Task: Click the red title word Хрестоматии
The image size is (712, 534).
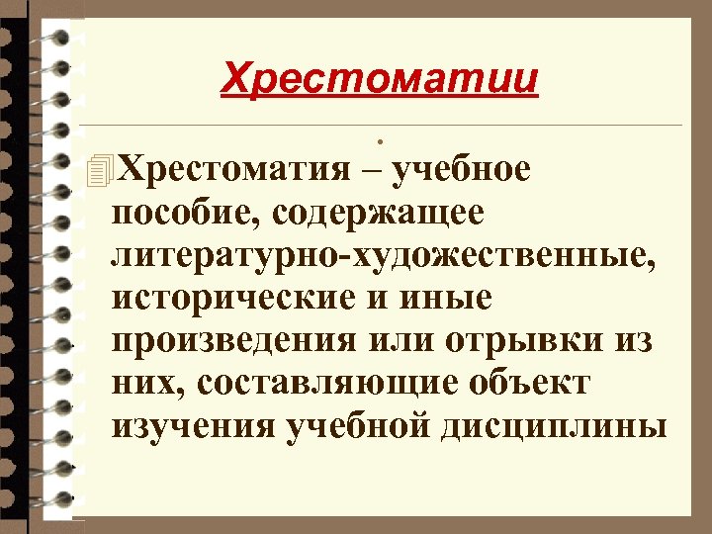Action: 380,77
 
